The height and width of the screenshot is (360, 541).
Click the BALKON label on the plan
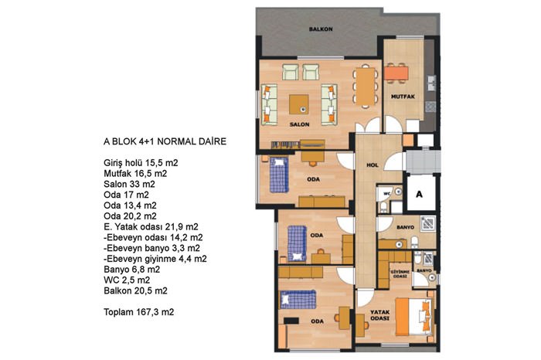[x=321, y=29]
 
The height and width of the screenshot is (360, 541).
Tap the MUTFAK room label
[x=403, y=97]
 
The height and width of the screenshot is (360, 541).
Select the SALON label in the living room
[x=300, y=124]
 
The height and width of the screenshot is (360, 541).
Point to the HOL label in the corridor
[x=373, y=165]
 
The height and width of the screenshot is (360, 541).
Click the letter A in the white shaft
[x=419, y=195]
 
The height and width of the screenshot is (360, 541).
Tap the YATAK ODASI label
[x=380, y=315]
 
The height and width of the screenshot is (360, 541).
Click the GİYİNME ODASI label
[x=400, y=274]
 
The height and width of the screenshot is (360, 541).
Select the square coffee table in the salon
[x=299, y=104]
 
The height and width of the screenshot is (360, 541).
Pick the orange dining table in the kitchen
[x=396, y=73]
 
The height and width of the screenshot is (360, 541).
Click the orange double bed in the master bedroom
[x=413, y=317]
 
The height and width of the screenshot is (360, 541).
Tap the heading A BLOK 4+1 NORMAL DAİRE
[x=165, y=141]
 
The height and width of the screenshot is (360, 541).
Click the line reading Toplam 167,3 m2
[x=138, y=312]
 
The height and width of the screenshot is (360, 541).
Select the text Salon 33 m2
[x=129, y=184]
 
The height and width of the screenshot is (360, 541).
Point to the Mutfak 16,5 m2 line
[x=135, y=174]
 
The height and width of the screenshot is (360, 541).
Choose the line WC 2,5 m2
[x=127, y=280]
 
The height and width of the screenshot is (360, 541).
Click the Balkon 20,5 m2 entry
[x=135, y=290]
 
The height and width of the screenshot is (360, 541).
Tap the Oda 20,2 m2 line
[x=130, y=216]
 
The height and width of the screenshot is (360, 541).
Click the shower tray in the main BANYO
[x=428, y=223]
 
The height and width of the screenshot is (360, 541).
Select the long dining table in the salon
[x=366, y=87]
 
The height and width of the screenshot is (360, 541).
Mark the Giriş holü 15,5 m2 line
[x=141, y=163]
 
